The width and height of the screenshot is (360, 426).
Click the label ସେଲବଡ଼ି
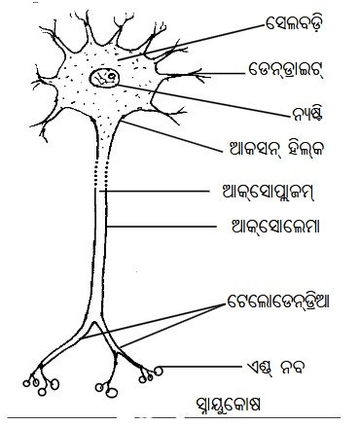(294, 24)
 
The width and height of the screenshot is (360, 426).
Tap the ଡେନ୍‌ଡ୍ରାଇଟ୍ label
(286, 70)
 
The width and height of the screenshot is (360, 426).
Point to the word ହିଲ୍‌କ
(306, 149)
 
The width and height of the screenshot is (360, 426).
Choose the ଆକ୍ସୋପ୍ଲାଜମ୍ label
(267, 192)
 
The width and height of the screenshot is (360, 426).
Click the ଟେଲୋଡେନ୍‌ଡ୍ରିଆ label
(278, 302)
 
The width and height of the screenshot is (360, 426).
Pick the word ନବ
(293, 369)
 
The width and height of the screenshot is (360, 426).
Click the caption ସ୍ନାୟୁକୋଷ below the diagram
(228, 405)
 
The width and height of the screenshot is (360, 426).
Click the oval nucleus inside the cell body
(105, 78)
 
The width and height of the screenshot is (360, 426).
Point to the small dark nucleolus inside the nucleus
(112, 77)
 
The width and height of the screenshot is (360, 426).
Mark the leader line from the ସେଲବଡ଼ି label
(191, 42)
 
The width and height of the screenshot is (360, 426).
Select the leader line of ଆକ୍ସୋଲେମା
(162, 227)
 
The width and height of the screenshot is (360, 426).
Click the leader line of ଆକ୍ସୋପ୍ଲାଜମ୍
(154, 192)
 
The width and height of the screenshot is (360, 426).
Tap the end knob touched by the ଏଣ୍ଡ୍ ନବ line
(158, 370)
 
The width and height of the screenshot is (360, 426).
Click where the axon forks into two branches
(94, 323)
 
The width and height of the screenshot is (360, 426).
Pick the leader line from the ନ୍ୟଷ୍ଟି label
(203, 100)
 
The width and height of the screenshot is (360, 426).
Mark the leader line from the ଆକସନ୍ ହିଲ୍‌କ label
(173, 136)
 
